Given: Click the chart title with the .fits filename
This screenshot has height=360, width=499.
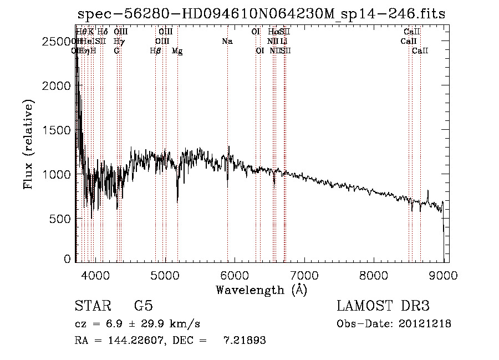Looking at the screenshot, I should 261,14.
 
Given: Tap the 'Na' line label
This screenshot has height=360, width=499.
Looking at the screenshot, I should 227,42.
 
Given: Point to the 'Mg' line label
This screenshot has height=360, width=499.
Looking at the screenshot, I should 177,51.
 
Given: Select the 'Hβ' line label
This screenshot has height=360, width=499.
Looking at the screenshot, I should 155,51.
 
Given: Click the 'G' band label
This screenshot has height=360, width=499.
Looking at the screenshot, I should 116,51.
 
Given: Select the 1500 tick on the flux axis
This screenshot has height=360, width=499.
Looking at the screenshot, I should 57,130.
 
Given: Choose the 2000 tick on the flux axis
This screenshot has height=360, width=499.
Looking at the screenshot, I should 57,86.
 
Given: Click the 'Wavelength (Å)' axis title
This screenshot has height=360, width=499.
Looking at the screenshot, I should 261,290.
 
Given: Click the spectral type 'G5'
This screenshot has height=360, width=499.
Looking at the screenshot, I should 144,306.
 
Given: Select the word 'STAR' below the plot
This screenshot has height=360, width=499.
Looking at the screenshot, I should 93,306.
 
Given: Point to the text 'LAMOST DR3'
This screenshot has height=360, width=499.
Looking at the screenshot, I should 383,306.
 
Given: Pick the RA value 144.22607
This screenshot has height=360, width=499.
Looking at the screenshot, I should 135,341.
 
